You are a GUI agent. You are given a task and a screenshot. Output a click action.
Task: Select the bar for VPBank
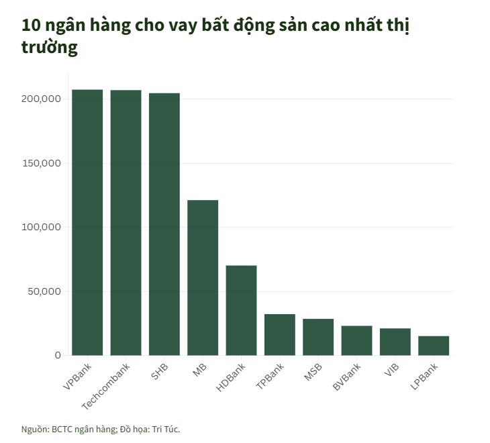click(87, 222)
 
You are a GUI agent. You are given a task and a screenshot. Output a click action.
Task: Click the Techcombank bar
click(126, 222)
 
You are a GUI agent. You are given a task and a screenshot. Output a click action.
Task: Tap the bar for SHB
click(164, 224)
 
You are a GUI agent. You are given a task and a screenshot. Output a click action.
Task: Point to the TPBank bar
click(280, 334)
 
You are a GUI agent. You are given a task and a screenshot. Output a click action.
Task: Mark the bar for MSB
click(318, 337)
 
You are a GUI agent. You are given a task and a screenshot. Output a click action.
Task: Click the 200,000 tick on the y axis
click(42, 99)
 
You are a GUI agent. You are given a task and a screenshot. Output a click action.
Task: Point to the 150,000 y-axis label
click(42, 163)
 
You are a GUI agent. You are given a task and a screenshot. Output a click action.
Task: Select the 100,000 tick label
click(42, 228)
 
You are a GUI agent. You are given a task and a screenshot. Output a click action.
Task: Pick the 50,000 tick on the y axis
click(44, 291)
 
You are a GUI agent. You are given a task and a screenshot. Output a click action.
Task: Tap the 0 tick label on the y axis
click(58, 355)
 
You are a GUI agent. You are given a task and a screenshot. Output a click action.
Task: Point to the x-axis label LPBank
click(425, 379)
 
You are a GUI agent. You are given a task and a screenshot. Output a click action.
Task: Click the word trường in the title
click(50, 48)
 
